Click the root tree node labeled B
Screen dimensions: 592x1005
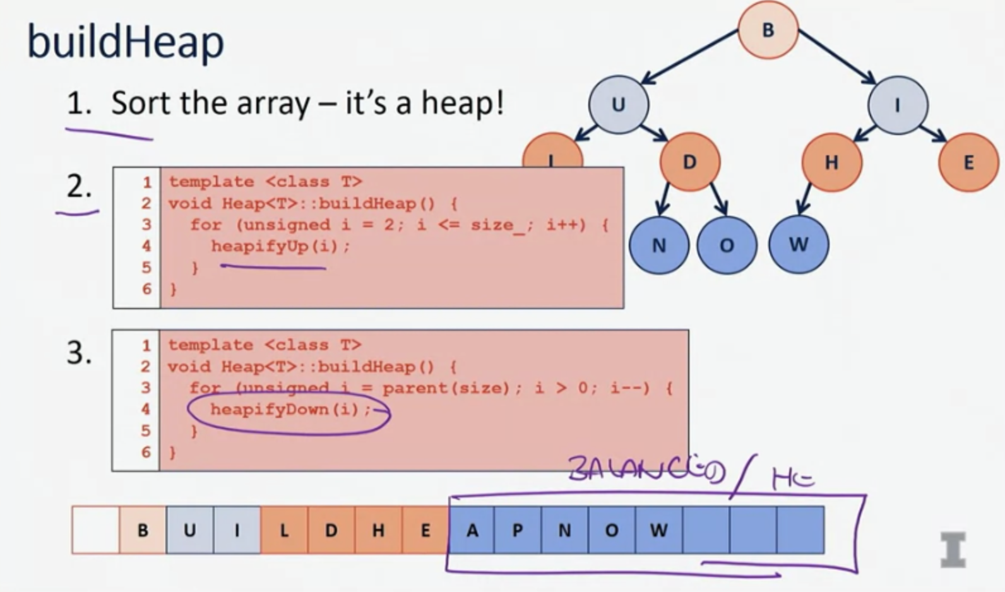(x=768, y=30)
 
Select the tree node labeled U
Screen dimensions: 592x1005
(x=618, y=104)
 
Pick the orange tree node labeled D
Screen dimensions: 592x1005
(x=689, y=162)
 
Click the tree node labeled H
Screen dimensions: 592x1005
(x=831, y=163)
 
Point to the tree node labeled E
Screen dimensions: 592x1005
(x=968, y=163)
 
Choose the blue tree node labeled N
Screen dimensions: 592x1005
(x=658, y=246)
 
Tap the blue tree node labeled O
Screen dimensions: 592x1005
(x=727, y=246)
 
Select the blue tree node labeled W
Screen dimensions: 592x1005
(x=798, y=245)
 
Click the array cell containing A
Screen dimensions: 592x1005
(x=472, y=530)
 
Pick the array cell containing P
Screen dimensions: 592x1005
(x=518, y=530)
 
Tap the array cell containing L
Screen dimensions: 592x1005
(x=284, y=530)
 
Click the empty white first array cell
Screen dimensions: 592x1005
(x=95, y=530)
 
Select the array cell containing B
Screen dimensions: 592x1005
(x=143, y=530)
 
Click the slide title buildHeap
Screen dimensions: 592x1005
(x=125, y=42)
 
